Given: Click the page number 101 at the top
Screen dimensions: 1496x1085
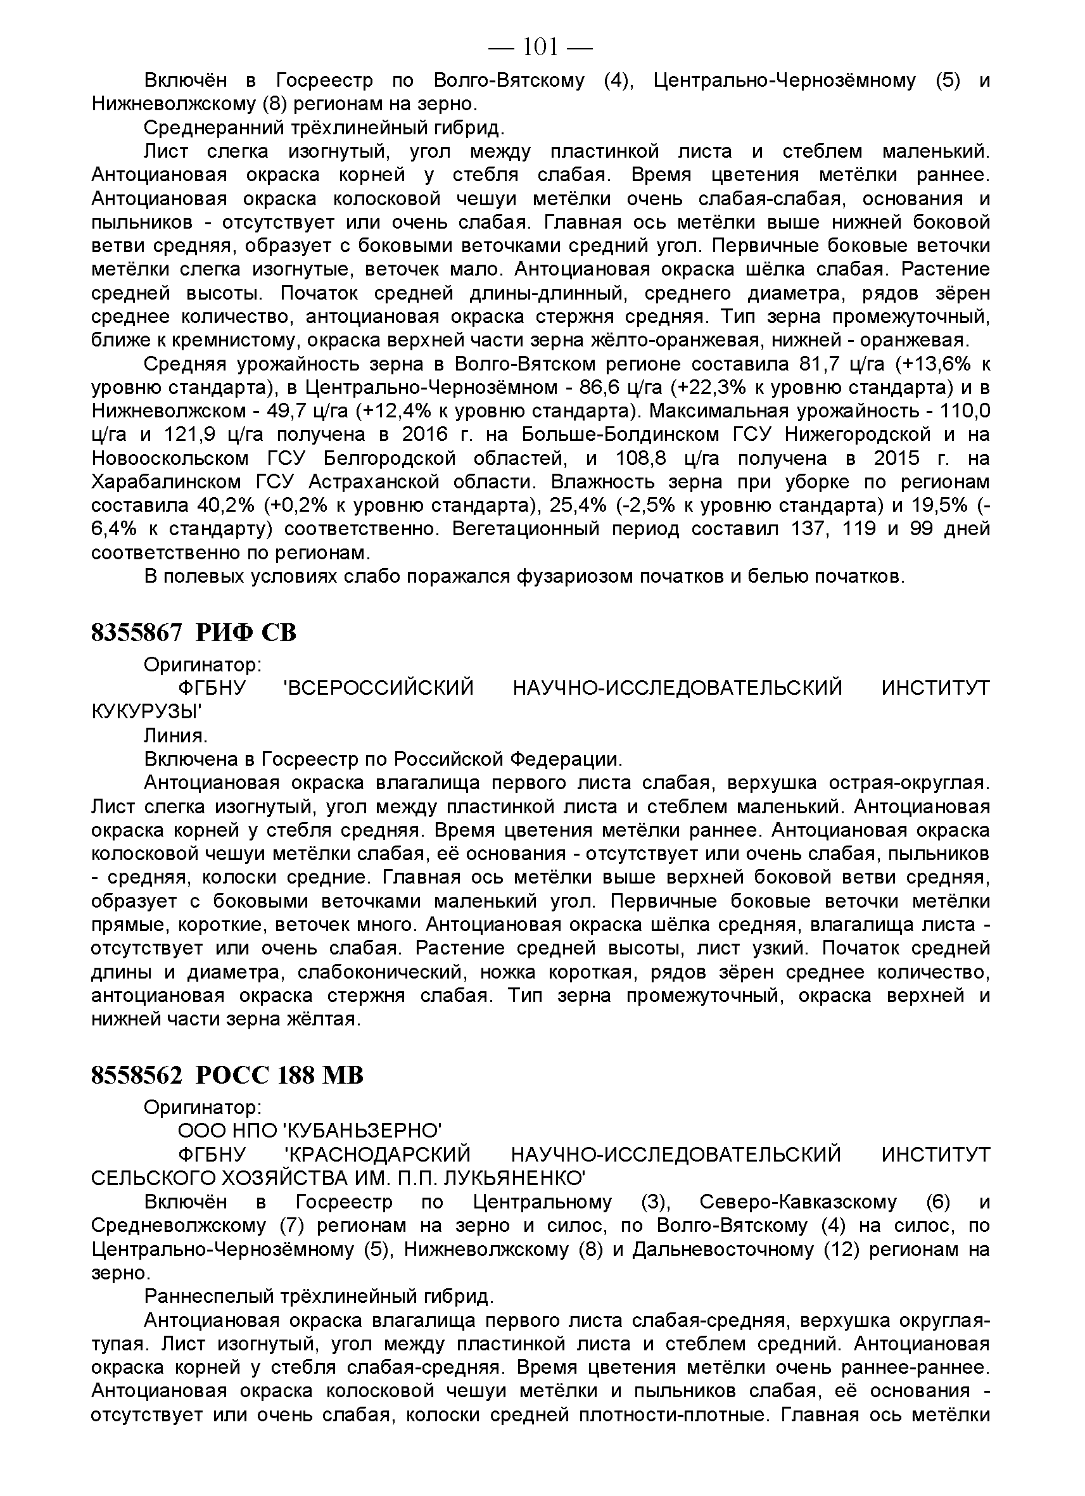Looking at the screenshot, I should (540, 46).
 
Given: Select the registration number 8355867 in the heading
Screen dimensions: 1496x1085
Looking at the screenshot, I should (136, 633).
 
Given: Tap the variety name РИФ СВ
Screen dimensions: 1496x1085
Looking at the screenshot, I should (246, 633).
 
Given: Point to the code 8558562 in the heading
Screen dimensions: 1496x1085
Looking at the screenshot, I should (136, 1076).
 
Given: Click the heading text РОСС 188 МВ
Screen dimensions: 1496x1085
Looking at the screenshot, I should (280, 1076).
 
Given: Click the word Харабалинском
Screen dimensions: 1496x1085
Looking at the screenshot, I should (175, 481).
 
